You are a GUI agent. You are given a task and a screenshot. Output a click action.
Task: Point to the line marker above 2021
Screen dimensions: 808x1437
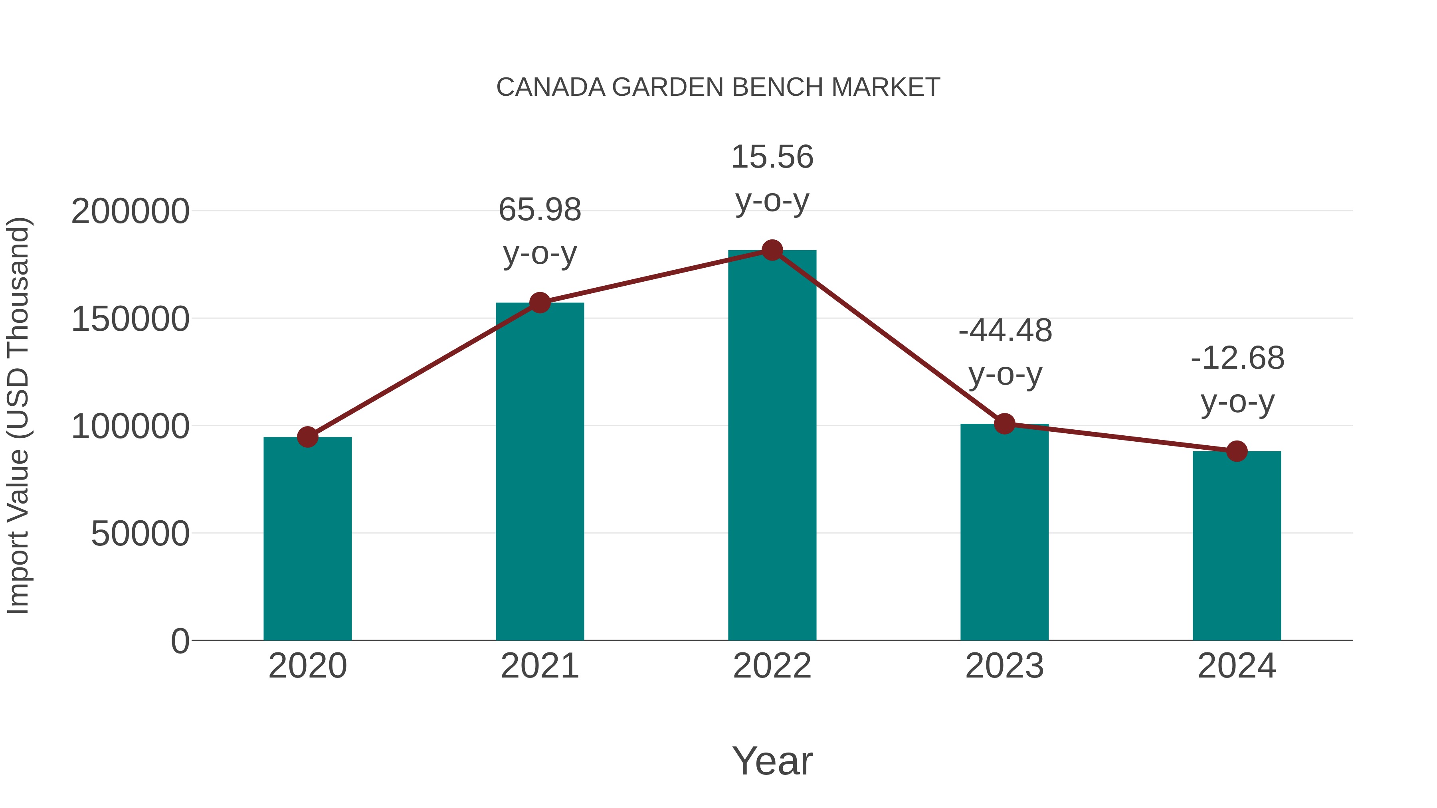tap(540, 303)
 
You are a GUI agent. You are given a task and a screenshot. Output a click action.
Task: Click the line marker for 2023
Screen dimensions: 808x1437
tap(1005, 424)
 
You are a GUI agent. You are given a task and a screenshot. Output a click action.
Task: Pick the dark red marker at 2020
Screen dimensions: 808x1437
tap(307, 437)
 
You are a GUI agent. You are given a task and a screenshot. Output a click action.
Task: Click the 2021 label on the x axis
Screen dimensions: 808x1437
tap(540, 666)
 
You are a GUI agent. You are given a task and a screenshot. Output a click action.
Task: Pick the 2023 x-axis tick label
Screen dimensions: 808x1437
tap(1005, 666)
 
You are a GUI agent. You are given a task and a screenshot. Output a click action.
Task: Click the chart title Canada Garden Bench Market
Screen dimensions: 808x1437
tap(718, 87)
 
